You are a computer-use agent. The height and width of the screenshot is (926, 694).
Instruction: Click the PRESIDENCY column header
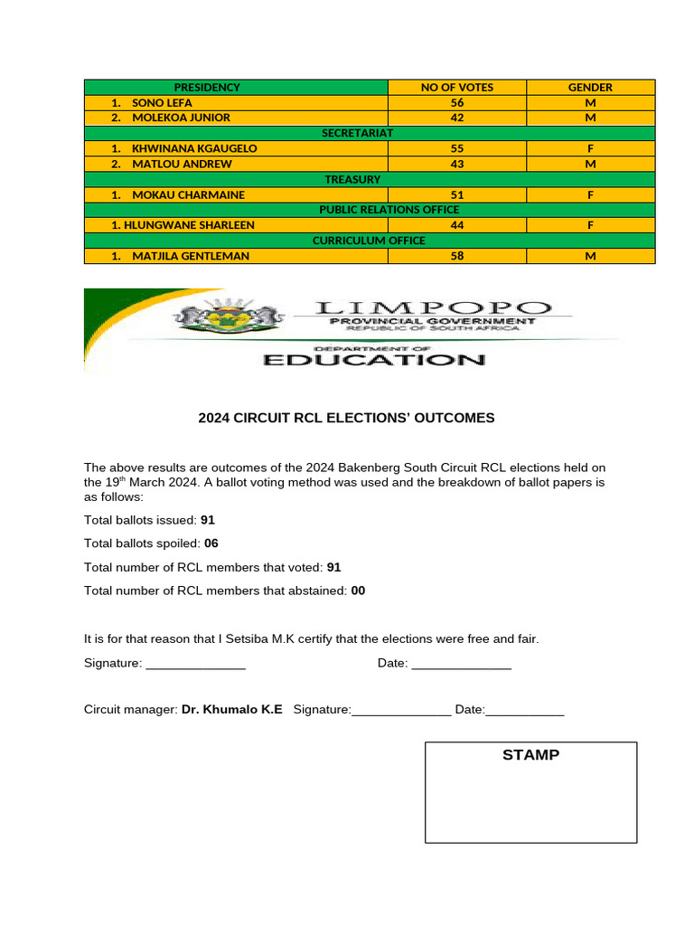click(x=207, y=88)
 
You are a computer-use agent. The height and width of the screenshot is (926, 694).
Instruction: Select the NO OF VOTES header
click(x=457, y=88)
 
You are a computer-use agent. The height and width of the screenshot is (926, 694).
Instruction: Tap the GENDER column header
click(x=590, y=88)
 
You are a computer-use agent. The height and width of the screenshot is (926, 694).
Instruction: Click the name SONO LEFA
click(x=162, y=103)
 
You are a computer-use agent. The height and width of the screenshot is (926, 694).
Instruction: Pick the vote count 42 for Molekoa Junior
click(x=457, y=118)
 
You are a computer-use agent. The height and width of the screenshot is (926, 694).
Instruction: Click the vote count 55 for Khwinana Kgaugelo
click(x=457, y=148)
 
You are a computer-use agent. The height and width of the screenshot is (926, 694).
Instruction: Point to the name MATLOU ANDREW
click(x=182, y=164)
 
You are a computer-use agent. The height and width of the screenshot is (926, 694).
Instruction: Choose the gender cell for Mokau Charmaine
click(x=590, y=194)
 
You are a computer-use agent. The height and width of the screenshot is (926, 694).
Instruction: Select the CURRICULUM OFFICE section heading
click(x=369, y=241)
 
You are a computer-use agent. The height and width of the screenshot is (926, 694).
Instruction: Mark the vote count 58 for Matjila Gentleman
click(x=457, y=256)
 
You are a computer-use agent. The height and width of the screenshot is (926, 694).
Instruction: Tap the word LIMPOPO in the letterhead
click(x=432, y=308)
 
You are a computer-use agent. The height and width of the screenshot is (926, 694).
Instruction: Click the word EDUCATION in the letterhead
click(x=373, y=360)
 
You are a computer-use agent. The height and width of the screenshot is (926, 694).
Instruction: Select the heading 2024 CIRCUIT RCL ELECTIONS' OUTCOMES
click(x=346, y=418)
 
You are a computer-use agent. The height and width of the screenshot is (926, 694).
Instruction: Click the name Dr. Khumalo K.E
click(x=231, y=710)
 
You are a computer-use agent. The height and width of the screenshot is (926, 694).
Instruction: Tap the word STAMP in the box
click(x=530, y=754)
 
